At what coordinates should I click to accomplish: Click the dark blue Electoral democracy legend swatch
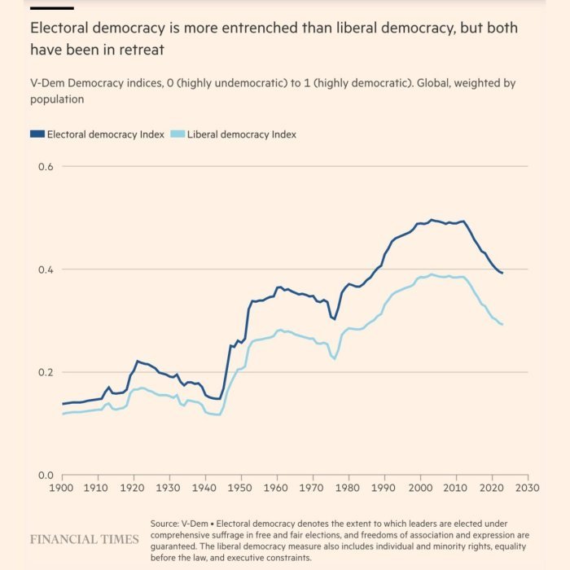37,134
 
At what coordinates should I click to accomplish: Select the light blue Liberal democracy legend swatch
178,134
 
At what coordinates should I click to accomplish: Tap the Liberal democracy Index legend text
242,134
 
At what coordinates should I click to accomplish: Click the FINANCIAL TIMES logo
85,540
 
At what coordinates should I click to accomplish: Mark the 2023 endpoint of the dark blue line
502,273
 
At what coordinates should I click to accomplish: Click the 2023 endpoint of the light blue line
502,325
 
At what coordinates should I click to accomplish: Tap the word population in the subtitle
57,99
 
